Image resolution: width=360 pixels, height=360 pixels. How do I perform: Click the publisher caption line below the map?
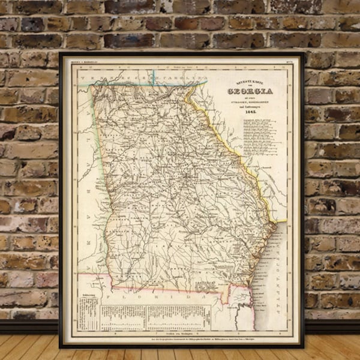(x=180, y=340)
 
